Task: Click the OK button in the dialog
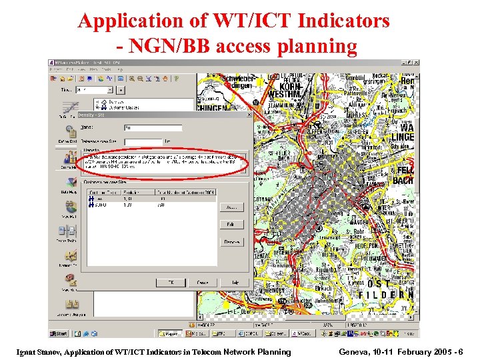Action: click(171, 283)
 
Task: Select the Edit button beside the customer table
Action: click(231, 225)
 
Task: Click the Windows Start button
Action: click(59, 333)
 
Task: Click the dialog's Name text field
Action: click(153, 127)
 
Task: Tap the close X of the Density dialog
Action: click(249, 115)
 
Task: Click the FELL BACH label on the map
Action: click(405, 176)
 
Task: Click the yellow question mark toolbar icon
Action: click(176, 78)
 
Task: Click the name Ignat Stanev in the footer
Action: click(44, 351)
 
